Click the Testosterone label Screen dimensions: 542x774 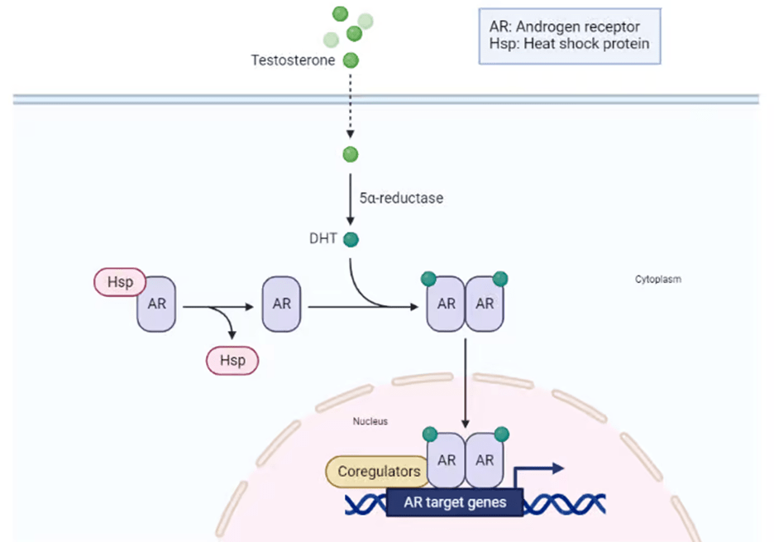294,60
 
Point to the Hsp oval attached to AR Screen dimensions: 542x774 119,282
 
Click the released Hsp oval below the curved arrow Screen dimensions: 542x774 232,361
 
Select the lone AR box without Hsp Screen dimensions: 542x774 281,304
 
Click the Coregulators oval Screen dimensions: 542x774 380,472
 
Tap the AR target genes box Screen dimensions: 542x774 454,501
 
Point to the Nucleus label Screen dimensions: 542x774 370,421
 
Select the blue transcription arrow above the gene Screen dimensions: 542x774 537,472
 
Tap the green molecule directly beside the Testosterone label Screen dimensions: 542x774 351,60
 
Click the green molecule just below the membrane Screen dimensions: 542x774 351,155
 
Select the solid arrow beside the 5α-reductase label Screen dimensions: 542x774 351,199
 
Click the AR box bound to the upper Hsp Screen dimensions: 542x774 156,304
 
